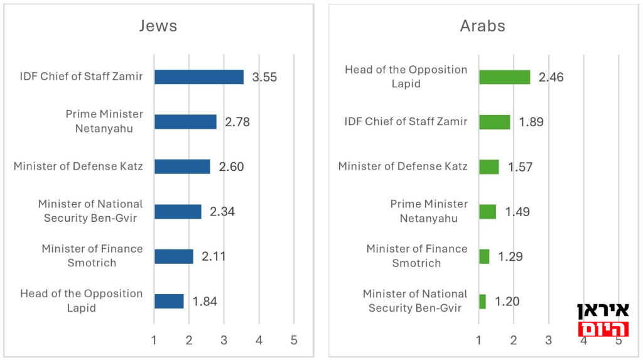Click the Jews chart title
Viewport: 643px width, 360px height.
[x=158, y=26]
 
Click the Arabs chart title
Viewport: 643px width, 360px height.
[x=482, y=26]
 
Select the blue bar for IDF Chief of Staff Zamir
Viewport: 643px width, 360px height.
[x=199, y=77]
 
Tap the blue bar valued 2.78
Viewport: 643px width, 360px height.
[x=185, y=122]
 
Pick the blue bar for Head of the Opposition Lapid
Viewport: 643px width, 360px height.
[x=169, y=301]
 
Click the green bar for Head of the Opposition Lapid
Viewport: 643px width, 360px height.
[x=504, y=77]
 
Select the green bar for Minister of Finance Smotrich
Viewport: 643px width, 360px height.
[x=484, y=256]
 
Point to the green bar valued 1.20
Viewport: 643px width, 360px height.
[x=482, y=302]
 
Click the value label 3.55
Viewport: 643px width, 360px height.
[x=264, y=77]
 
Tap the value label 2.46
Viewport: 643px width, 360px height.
[x=551, y=77]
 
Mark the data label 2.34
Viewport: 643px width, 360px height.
[x=222, y=212]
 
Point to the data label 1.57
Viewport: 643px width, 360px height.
[x=519, y=167]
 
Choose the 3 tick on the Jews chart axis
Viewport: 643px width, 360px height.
[x=224, y=340]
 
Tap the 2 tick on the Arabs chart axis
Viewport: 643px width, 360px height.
[x=514, y=340]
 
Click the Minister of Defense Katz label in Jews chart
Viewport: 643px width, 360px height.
[x=78, y=166]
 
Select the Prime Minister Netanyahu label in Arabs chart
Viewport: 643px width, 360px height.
[x=429, y=211]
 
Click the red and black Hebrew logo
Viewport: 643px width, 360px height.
[x=603, y=320]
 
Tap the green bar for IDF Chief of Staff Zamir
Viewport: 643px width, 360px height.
[x=494, y=122]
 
